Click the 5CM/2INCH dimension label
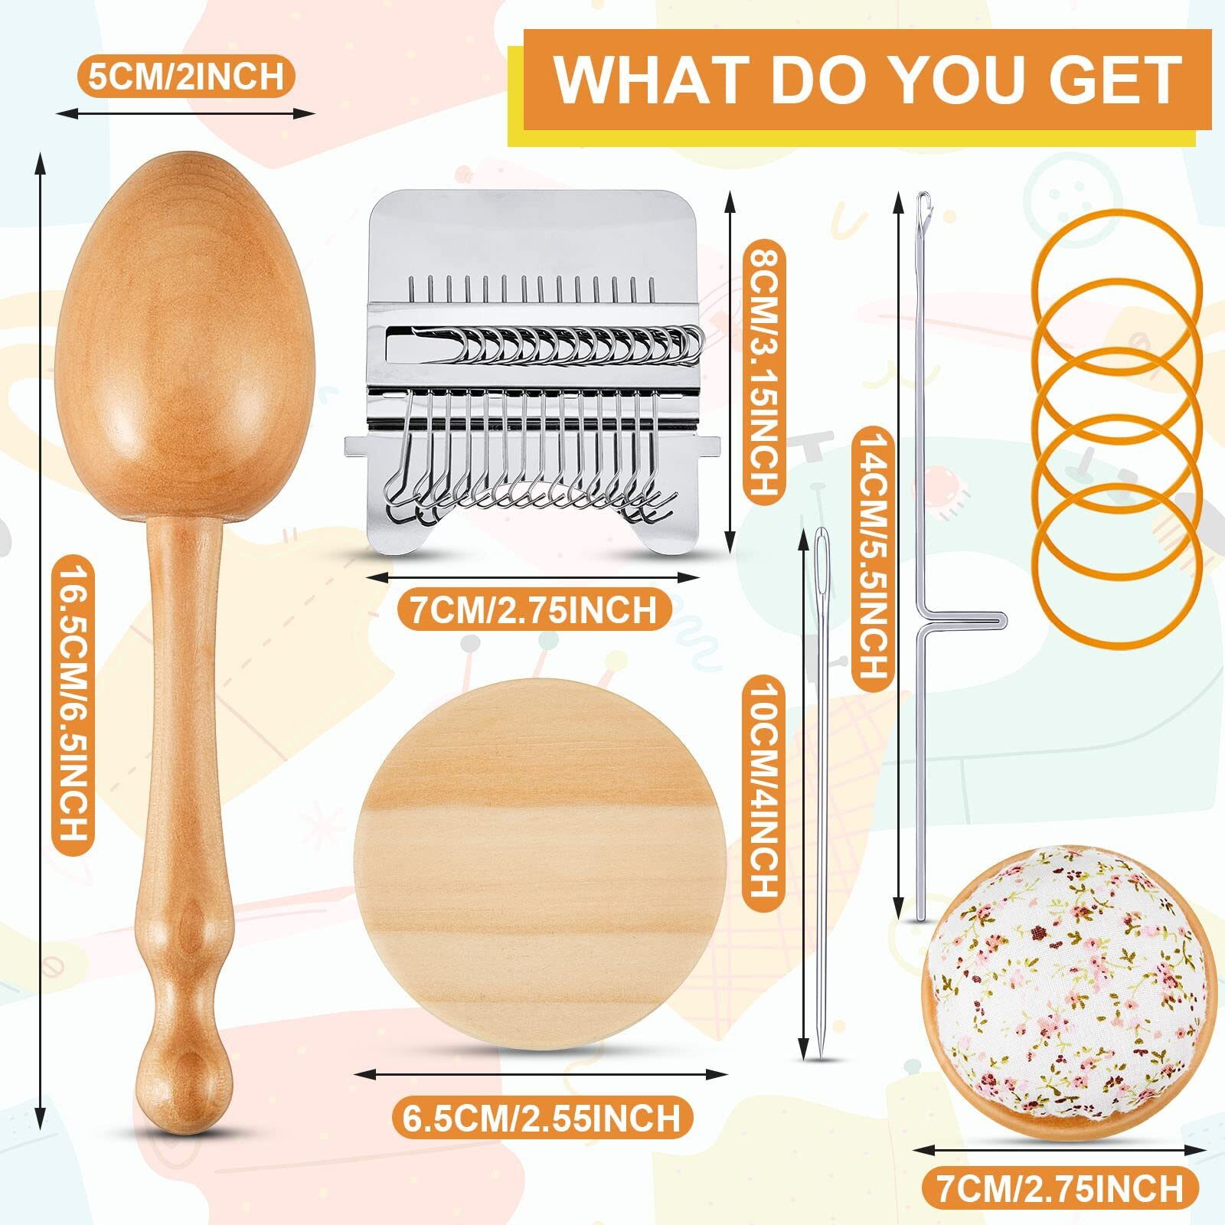pyautogui.click(x=186, y=76)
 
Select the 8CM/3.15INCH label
pyautogui.click(x=763, y=371)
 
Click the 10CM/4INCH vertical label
pyautogui.click(x=762, y=790)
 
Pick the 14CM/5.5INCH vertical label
pyautogui.click(x=872, y=557)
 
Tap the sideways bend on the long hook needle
pyautogui.click(x=965, y=619)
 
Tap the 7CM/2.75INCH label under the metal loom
pyautogui.click(x=534, y=610)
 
